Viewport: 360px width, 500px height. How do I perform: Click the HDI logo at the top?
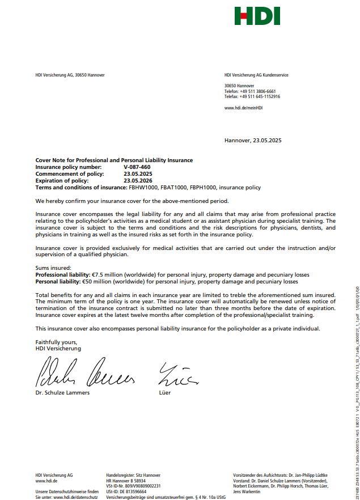[257, 16]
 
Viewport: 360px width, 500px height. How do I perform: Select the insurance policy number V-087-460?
[137, 167]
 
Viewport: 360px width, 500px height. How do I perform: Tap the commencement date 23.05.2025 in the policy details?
[138, 174]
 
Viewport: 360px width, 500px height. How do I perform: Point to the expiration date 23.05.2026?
[138, 180]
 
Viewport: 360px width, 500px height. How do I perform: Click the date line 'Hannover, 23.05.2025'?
[253, 140]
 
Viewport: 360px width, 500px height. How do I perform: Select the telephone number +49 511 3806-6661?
[257, 91]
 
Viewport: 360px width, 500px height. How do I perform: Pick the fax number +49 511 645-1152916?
[260, 96]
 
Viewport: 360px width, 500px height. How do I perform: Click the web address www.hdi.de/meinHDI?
[243, 107]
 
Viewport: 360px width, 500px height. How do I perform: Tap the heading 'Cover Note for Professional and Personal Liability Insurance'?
[114, 160]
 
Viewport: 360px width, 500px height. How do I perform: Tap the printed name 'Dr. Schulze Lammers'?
[62, 392]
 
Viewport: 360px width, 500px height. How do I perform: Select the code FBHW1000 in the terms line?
[142, 187]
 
